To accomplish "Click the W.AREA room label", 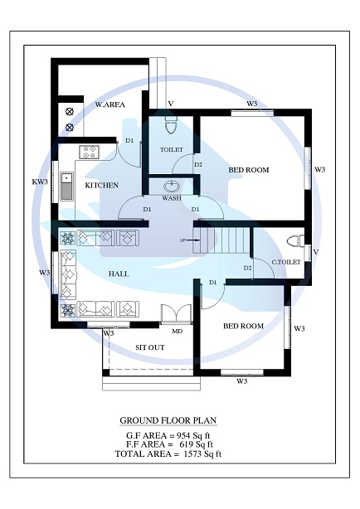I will coord(109,105).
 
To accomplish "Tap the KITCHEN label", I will coord(102,185).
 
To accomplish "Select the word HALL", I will coord(119,273).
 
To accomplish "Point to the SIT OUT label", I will coord(149,347).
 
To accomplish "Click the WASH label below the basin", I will coord(172,199).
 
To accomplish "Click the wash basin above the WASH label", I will coord(173,186).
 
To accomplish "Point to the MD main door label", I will coord(177,331).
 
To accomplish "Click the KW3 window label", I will coord(40,181).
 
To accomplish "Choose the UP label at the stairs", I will coord(182,240).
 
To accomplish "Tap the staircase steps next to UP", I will coord(222,241).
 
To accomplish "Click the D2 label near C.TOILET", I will coord(247,268).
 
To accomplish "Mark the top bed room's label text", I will coord(249,170).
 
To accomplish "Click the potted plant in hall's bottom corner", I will coord(68,310).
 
